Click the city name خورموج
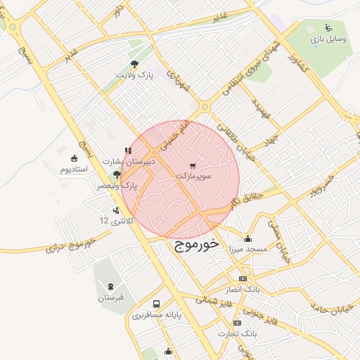click(x=195, y=244)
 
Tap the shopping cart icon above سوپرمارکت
click(x=204, y=165)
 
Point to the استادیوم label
click(x=73, y=169)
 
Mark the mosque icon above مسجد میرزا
click(x=247, y=238)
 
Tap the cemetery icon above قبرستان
click(x=110, y=286)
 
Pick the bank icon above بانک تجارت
click(x=237, y=323)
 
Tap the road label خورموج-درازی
click(x=70, y=247)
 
